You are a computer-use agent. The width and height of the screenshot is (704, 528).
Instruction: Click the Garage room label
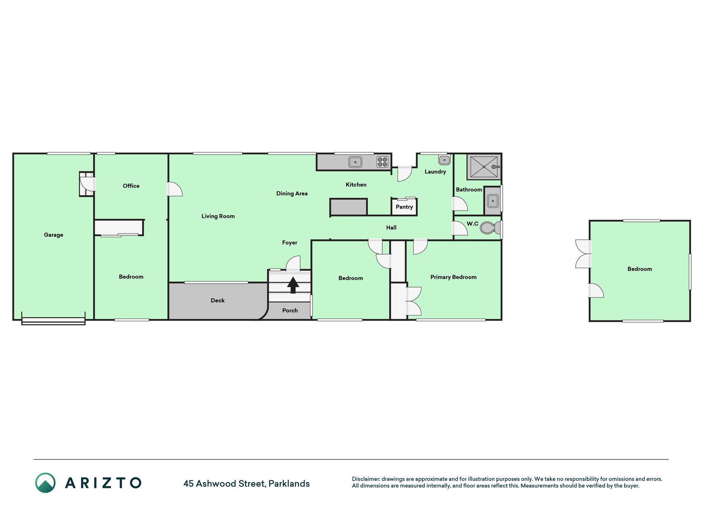[54, 235]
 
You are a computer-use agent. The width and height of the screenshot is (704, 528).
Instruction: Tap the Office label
[131, 186]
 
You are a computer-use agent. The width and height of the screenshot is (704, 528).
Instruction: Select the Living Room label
[218, 216]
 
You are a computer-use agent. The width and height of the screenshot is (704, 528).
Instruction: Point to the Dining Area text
[292, 193]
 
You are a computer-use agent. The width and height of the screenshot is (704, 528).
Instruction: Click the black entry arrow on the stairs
[293, 285]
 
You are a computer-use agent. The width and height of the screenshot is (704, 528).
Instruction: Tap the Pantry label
[404, 207]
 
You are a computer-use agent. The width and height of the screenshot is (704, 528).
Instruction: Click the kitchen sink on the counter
[355, 162]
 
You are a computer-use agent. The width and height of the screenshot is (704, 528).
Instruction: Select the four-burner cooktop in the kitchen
[382, 162]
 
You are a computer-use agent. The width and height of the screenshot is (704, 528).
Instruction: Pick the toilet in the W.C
[490, 228]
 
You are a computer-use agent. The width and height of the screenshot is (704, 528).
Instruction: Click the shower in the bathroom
[484, 167]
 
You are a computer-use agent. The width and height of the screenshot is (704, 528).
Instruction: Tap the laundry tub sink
[444, 160]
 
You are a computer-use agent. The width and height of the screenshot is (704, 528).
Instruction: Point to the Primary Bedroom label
[453, 277]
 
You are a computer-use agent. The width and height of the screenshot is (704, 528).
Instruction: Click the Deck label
[217, 300]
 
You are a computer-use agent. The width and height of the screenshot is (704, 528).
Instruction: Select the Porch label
[290, 310]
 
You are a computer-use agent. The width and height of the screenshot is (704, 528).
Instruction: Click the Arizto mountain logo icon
[45, 483]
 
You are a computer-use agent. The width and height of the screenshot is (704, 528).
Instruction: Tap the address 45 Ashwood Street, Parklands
[247, 483]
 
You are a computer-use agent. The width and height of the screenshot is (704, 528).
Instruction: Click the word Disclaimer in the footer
[365, 479]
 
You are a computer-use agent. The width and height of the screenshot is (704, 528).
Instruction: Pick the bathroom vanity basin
[492, 201]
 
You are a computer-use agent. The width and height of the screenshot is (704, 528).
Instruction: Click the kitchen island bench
[348, 207]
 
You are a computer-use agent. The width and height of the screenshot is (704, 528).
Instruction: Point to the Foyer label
[290, 243]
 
